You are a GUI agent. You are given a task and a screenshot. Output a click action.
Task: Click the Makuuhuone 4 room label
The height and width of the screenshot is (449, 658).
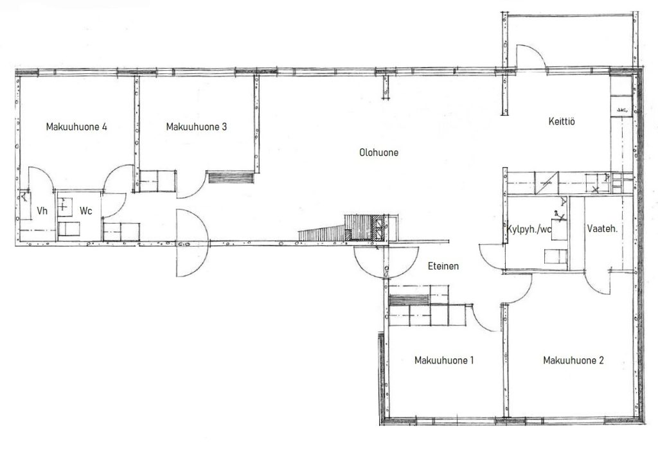(x=76, y=127)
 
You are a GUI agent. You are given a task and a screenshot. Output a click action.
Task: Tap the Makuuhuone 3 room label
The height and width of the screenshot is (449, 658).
(x=197, y=127)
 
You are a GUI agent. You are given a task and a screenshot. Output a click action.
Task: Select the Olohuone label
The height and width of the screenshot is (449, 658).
(x=378, y=152)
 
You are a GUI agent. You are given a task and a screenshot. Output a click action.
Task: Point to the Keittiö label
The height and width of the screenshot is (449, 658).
(x=562, y=121)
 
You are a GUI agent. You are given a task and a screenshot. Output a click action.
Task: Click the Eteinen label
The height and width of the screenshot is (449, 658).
(x=443, y=266)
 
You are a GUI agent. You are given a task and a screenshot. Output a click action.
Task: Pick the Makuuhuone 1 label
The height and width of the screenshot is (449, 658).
(x=444, y=360)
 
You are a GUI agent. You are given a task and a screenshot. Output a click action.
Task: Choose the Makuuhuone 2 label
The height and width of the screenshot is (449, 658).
(x=573, y=360)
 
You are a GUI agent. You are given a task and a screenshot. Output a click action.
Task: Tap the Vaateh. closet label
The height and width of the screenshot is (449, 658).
(x=602, y=229)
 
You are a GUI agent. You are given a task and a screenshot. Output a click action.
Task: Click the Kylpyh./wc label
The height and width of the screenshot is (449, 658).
(x=529, y=229)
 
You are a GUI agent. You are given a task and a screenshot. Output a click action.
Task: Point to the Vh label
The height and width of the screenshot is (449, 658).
(x=42, y=211)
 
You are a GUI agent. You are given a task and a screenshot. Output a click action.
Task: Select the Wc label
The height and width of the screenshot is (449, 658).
(x=85, y=211)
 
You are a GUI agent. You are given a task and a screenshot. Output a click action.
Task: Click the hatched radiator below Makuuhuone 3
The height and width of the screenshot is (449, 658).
(x=231, y=177)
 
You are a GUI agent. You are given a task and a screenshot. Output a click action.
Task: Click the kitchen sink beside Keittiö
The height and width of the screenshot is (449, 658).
(x=621, y=110)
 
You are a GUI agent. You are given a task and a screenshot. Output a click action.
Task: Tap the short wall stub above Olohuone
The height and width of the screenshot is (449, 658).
(x=385, y=87)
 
